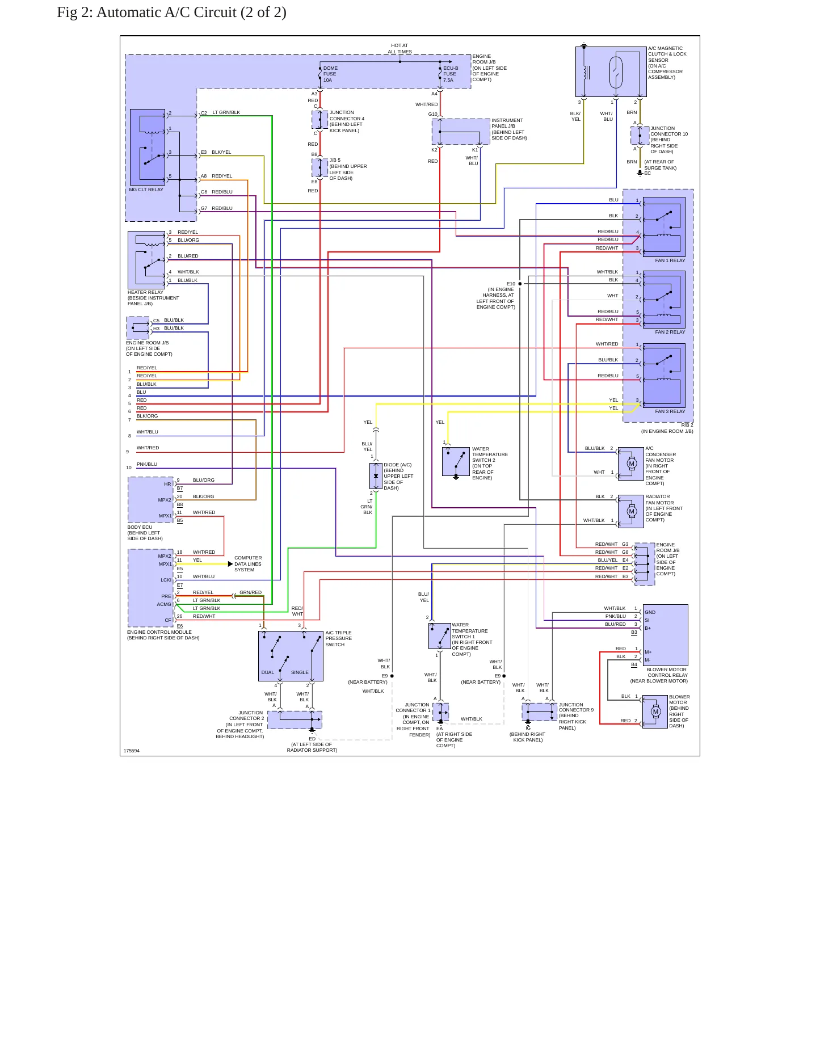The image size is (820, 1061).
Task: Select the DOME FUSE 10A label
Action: tap(330, 74)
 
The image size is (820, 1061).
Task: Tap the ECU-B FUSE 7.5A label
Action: tap(451, 74)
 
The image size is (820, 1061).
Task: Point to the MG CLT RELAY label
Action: tap(146, 190)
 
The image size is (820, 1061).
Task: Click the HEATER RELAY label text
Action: tap(145, 292)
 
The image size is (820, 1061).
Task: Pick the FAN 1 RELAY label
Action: tap(670, 260)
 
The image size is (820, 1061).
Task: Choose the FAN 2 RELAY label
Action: tap(670, 332)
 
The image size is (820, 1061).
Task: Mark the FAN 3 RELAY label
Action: tap(670, 411)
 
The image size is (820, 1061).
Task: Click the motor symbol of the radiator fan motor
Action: tap(632, 511)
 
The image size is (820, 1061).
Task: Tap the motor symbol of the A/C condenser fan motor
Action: tap(632, 464)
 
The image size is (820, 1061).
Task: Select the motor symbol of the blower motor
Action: tap(656, 711)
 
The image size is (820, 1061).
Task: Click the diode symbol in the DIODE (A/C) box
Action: tap(376, 476)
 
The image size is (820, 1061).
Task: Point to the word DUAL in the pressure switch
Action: tap(267, 672)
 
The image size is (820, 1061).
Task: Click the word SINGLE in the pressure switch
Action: tap(300, 672)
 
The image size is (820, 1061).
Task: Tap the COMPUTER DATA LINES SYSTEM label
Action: tap(248, 564)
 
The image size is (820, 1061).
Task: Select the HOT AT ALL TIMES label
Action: tap(400, 49)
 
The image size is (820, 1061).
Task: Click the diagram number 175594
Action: tap(132, 751)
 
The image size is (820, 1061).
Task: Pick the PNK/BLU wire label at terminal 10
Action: tap(147, 464)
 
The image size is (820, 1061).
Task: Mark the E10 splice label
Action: tap(511, 284)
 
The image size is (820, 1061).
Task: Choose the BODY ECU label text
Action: tap(140, 527)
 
